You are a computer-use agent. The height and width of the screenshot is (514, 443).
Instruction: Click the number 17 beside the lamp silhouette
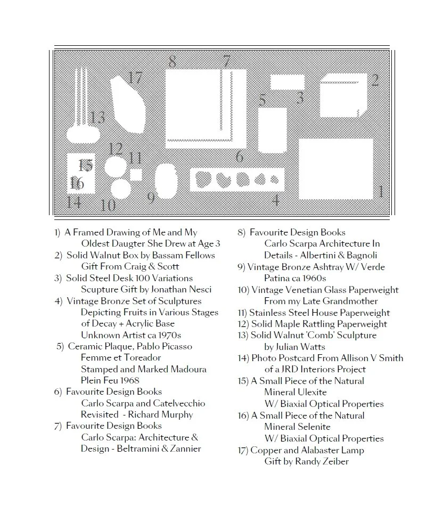[135, 78]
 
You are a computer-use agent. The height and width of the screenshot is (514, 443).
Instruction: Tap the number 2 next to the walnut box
[375, 80]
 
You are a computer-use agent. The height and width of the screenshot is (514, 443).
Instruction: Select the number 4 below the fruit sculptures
[276, 200]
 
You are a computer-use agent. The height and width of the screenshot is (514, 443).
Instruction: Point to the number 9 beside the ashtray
[151, 198]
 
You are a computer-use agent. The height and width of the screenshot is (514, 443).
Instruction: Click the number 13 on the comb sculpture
[97, 117]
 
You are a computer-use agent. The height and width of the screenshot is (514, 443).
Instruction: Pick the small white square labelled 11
[136, 175]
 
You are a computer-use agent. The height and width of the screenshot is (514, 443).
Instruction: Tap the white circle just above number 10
[121, 188]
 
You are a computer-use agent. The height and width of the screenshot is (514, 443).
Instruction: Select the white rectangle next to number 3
[287, 82]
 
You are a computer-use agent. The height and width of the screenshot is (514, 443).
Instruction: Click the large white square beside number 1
[335, 167]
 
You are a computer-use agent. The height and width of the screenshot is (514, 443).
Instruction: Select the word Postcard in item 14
[295, 358]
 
